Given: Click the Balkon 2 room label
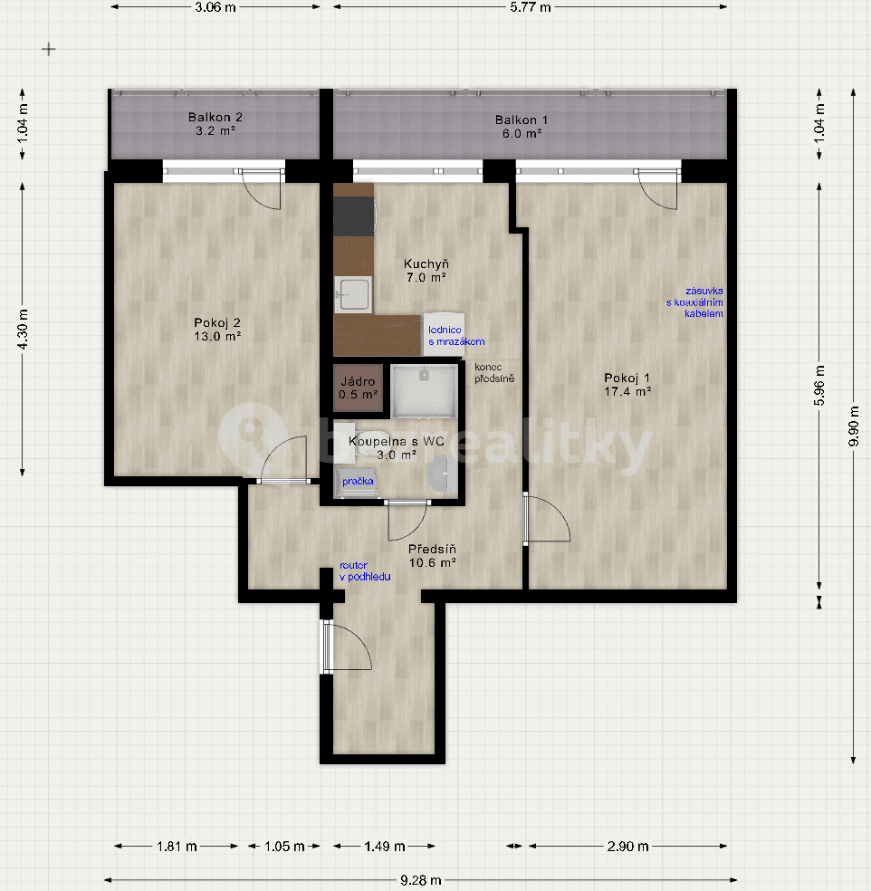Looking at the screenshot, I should tap(215, 124).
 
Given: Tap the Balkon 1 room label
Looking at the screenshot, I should tap(521, 126).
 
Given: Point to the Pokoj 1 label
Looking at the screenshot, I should tap(628, 385).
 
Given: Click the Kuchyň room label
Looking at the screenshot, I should tap(425, 271).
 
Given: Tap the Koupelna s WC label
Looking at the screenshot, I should tap(396, 448).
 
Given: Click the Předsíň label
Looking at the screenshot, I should tap(431, 555).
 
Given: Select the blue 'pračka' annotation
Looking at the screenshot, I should tap(359, 483).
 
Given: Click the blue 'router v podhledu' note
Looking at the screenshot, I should tap(365, 570).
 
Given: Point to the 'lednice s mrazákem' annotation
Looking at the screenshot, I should tap(456, 336).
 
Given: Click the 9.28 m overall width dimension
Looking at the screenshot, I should tap(423, 879).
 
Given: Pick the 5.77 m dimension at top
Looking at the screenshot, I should tap(530, 7).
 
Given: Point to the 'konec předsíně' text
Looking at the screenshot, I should tap(494, 372).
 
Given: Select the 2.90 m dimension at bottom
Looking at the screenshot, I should tap(629, 847).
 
